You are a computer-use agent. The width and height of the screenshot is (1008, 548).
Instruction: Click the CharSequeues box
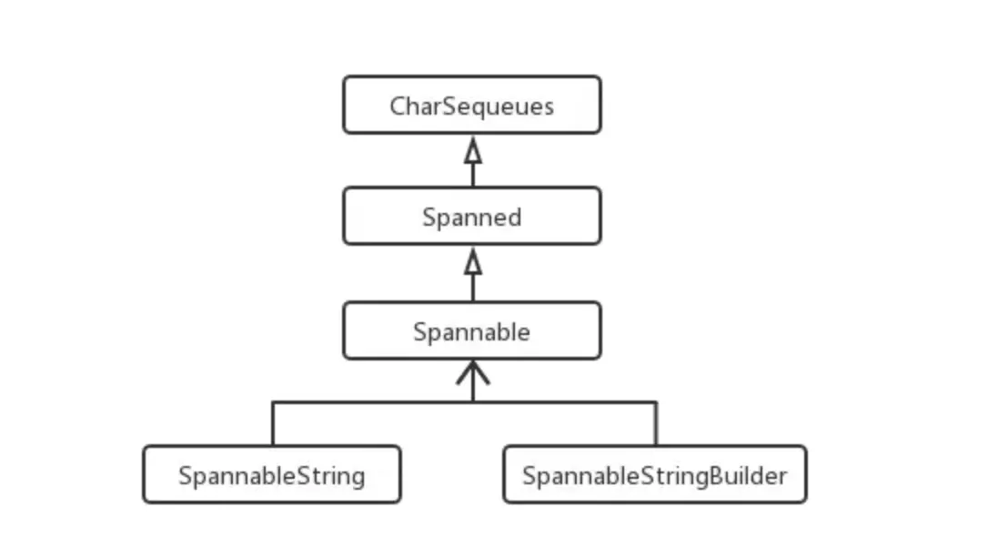tap(472, 105)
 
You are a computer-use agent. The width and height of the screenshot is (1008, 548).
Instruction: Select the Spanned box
tap(472, 216)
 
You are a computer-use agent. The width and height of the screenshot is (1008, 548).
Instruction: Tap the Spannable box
tap(472, 330)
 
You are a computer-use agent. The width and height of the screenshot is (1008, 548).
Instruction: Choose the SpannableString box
tap(272, 474)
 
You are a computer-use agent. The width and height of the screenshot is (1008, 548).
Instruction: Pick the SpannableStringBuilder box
tap(655, 474)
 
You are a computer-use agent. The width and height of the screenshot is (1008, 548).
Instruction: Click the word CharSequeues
tap(472, 107)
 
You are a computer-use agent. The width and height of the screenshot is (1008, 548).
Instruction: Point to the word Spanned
tap(472, 217)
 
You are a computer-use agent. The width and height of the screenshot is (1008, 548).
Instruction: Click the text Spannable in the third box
tap(472, 332)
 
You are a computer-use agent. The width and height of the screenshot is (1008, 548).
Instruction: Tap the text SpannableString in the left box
tap(272, 476)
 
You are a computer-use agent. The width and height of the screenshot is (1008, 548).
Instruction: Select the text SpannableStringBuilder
tap(655, 476)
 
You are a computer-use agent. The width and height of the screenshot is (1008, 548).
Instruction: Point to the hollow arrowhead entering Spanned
tap(473, 261)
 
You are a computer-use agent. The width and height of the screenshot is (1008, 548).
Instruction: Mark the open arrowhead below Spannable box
tap(473, 372)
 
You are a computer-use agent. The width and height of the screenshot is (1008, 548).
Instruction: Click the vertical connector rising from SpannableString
tap(273, 424)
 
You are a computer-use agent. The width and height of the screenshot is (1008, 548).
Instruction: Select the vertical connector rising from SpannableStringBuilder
tap(656, 424)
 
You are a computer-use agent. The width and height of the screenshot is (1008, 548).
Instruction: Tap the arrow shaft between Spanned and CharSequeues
tap(473, 175)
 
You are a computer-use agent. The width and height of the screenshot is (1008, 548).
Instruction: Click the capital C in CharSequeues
tap(398, 107)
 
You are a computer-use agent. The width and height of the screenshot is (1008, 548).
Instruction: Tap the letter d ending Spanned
tap(514, 217)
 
